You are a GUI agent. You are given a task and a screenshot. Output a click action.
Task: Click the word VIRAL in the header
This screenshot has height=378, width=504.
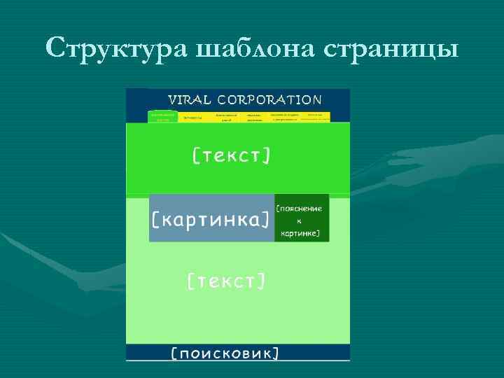(x=189, y=100)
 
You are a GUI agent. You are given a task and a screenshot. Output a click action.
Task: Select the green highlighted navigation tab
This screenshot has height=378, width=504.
(x=163, y=116)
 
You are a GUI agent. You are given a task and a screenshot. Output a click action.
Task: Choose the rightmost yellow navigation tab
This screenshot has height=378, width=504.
(x=315, y=116)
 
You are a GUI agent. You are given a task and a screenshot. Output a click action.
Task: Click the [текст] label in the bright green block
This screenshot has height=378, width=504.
(x=231, y=155)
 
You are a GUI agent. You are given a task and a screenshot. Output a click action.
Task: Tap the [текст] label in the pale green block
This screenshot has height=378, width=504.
(x=226, y=281)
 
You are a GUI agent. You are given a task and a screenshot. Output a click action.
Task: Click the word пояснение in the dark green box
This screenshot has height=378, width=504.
(x=301, y=208)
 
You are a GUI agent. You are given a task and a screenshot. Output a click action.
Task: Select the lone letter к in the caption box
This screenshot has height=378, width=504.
(x=300, y=220)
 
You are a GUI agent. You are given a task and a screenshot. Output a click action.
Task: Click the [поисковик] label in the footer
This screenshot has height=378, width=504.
(x=225, y=353)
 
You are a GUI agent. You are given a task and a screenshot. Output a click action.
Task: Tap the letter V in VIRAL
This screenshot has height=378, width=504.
(x=171, y=100)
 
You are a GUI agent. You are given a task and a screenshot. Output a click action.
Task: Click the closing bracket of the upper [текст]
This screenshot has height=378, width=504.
(x=267, y=155)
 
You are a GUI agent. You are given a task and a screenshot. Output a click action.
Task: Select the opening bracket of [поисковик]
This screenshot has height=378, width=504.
(x=174, y=353)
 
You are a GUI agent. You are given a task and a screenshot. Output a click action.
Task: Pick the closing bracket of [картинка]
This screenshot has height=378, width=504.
(x=267, y=219)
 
